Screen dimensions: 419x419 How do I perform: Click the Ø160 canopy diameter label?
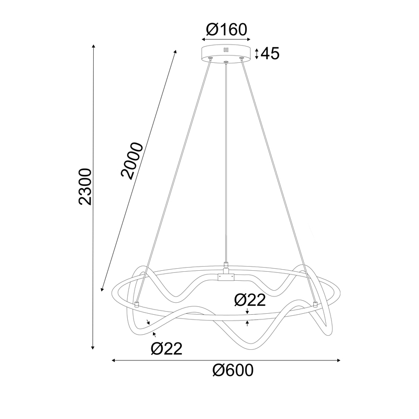[x=226, y=29]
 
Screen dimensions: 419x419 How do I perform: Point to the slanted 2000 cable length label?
[x=130, y=160]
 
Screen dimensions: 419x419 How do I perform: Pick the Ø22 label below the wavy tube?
[x=166, y=348]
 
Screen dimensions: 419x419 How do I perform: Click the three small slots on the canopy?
[x=226, y=50]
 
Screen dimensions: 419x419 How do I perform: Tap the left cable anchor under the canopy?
[x=211, y=59]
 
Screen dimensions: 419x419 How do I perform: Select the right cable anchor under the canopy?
[x=241, y=59]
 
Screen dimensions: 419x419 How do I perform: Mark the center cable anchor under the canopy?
[x=226, y=63]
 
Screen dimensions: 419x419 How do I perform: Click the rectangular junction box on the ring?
[x=226, y=275]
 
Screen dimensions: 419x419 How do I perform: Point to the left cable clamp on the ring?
[x=137, y=303]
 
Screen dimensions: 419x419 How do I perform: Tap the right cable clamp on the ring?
[x=315, y=303]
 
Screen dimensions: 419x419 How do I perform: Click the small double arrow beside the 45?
[x=257, y=53]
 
